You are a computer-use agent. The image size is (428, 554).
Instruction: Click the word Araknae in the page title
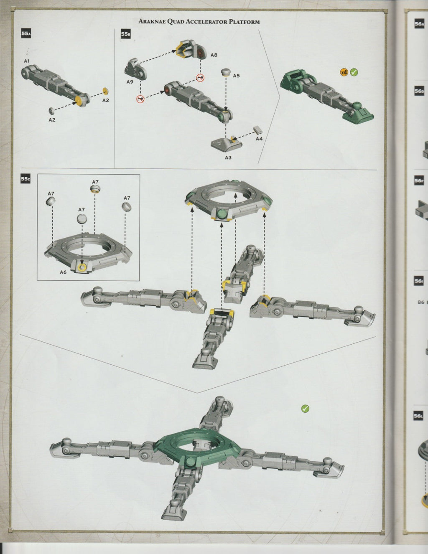pyautogui.click(x=153, y=22)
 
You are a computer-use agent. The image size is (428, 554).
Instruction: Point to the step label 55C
pyautogui.click(x=26, y=179)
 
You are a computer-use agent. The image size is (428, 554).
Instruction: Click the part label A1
pyautogui.click(x=27, y=61)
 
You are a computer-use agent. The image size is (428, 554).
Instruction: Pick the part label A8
pyautogui.click(x=214, y=55)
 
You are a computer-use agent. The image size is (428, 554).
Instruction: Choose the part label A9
pyautogui.click(x=130, y=82)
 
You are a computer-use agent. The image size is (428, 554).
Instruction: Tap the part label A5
pyautogui.click(x=236, y=76)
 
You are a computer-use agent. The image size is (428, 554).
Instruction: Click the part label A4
pyautogui.click(x=259, y=139)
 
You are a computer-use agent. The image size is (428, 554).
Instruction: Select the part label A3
pyautogui.click(x=228, y=158)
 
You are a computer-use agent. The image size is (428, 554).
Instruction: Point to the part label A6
pyautogui.click(x=63, y=272)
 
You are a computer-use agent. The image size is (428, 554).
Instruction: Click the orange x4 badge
pyautogui.click(x=344, y=72)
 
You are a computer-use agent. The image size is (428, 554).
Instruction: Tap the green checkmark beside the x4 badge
pyautogui.click(x=354, y=72)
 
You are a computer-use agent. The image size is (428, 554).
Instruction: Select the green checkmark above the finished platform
pyautogui.click(x=305, y=408)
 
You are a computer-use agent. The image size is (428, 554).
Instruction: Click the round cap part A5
pyautogui.click(x=226, y=72)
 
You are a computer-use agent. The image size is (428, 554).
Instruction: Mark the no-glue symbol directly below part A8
pyautogui.click(x=201, y=78)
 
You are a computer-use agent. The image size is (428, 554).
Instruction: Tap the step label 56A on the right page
pyautogui.click(x=419, y=24)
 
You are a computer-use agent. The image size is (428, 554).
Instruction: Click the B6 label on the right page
pyautogui.click(x=420, y=302)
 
